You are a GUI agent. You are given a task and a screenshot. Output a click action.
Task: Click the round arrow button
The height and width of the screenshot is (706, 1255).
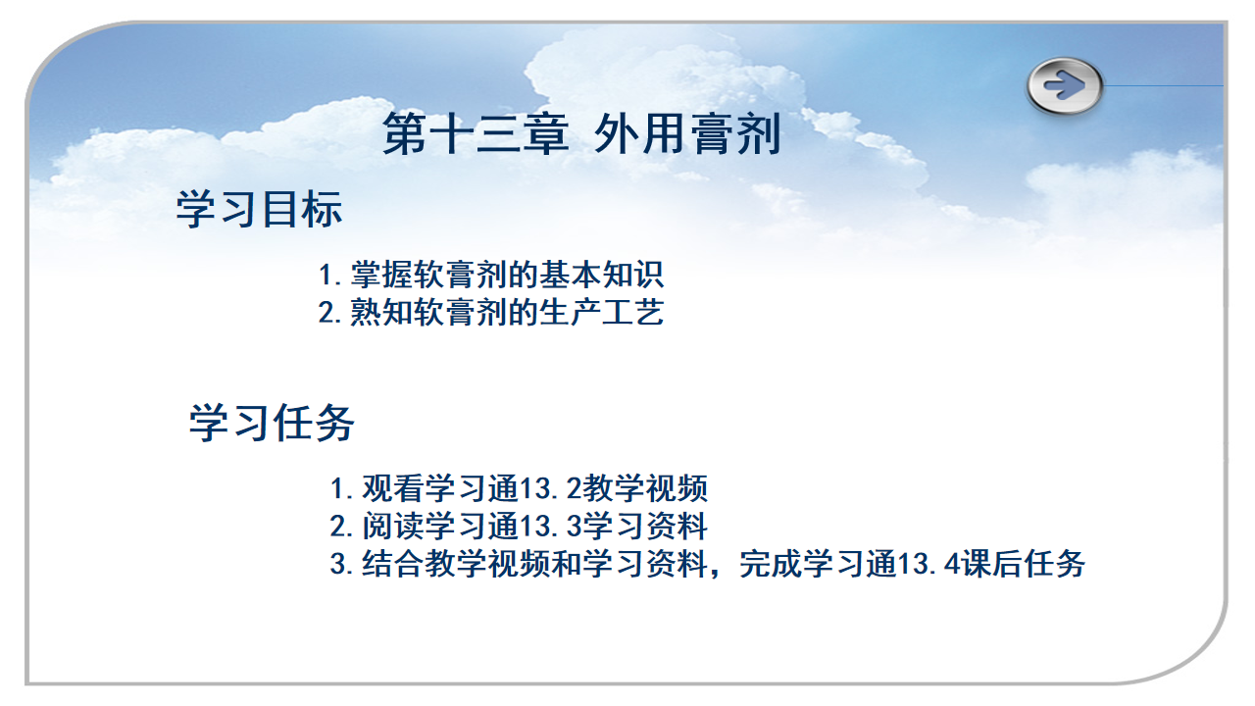[1065, 85]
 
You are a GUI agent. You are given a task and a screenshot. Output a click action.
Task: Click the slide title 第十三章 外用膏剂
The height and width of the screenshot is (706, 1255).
[581, 133]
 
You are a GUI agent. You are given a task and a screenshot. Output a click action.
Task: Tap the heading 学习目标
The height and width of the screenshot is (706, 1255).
[259, 209]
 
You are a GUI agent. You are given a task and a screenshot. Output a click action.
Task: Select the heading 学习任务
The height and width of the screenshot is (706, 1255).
[272, 423]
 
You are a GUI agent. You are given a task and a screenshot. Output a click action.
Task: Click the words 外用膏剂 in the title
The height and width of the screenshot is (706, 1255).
[687, 133]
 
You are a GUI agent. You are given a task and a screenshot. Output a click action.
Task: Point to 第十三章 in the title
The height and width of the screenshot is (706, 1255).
[476, 133]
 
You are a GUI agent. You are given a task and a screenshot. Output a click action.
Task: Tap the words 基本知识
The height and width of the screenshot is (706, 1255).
[601, 275]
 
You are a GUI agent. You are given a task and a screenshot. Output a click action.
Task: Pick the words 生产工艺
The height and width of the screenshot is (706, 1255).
[601, 312]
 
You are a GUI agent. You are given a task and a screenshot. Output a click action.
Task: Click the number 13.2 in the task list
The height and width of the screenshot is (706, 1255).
[552, 488]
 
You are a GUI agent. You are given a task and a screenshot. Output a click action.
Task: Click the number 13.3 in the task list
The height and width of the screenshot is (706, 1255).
[552, 527]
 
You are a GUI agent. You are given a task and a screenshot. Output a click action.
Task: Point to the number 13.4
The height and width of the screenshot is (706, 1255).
[929, 564]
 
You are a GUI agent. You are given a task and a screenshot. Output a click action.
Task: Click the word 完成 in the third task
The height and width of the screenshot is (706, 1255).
[771, 564]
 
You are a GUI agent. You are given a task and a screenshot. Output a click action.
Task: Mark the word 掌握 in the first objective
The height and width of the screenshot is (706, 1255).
[381, 275]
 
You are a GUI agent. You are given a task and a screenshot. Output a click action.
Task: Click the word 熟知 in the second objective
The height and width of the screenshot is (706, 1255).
[381, 312]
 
